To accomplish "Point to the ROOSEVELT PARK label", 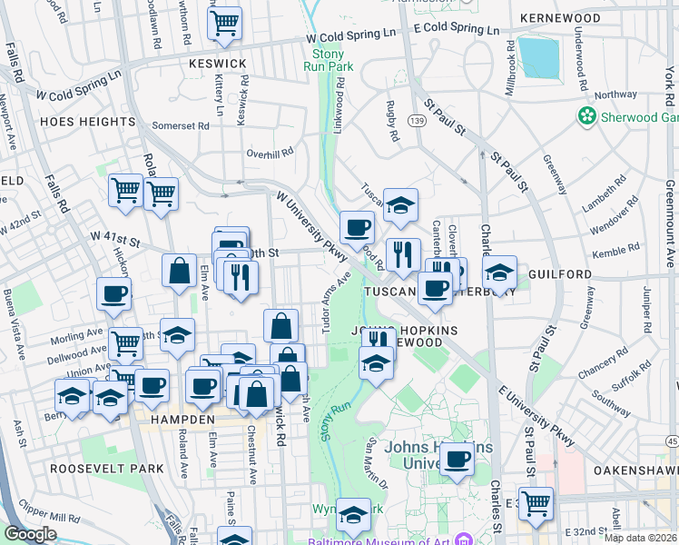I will [107, 469].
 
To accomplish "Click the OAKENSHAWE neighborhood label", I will [635, 471].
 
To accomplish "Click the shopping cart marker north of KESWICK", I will [224, 23].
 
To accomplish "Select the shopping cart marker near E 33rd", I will [536, 502].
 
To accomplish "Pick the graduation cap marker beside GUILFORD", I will [498, 272].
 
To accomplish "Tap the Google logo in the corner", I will [30, 534].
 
